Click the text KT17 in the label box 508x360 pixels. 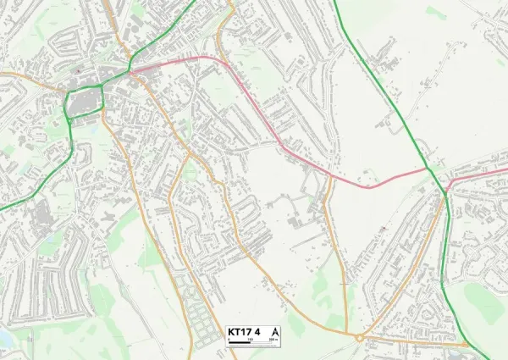pyautogui.click(x=240, y=331)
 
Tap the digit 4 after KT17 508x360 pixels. pyautogui.click(x=257, y=331)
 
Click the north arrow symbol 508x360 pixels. pyautogui.click(x=273, y=331)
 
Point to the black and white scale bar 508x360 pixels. pyautogui.click(x=251, y=341)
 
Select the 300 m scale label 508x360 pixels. pyautogui.click(x=273, y=339)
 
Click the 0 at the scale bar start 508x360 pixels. pyautogui.click(x=229, y=339)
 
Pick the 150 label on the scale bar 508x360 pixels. pyautogui.click(x=250, y=339)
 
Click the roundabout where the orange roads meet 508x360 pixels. pyautogui.click(x=359, y=337)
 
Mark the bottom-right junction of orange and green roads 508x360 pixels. pyautogui.click(x=468, y=344)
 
